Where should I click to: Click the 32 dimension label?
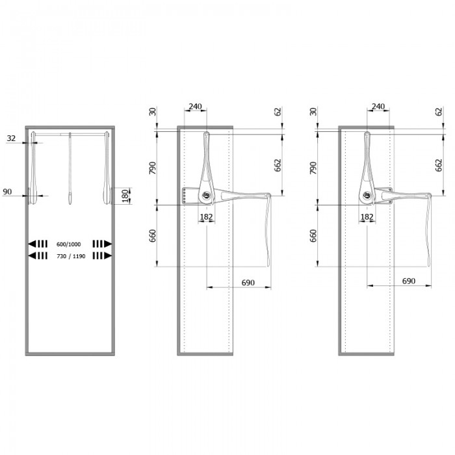[x=11, y=138]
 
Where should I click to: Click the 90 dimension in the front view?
[x=7, y=192]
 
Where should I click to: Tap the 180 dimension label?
[x=125, y=196]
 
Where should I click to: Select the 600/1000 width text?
[x=68, y=244]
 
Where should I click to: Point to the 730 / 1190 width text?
[x=71, y=256]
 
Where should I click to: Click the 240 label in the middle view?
[x=195, y=107]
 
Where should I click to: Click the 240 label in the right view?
[x=378, y=107]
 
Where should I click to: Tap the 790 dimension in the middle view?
[x=152, y=168]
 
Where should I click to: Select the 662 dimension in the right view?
[x=439, y=165]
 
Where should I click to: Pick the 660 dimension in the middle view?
[x=152, y=235]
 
